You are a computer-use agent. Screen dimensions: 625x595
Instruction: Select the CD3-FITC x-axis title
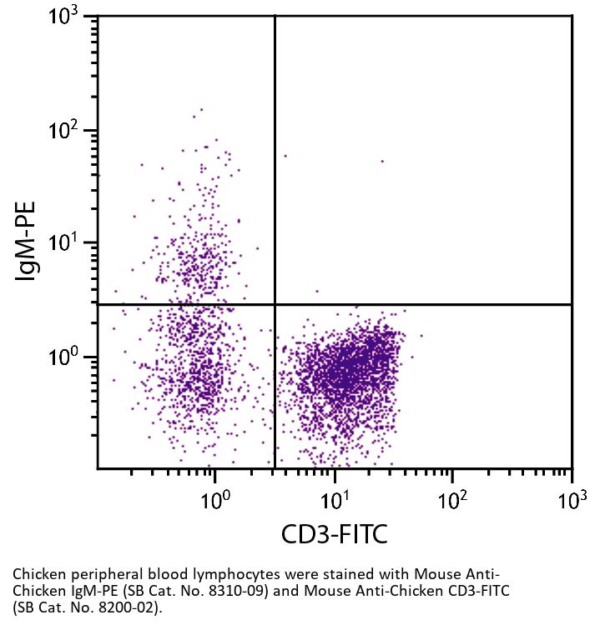[334, 534]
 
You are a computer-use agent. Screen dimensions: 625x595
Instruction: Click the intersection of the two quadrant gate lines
[275, 304]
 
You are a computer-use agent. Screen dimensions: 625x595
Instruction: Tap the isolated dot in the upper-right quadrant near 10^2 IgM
[382, 161]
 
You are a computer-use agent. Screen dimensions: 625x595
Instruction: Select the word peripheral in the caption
[94, 575]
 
